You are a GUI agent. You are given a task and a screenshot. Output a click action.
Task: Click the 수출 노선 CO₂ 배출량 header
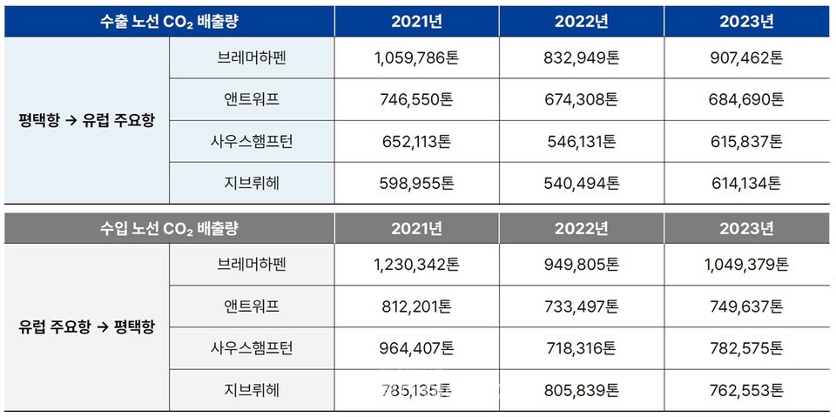tap(169, 22)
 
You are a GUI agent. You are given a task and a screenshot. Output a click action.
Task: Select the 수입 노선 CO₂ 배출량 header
tap(169, 229)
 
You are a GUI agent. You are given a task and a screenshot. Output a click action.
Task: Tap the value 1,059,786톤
tap(415, 59)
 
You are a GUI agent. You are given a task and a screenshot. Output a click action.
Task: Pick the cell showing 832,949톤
tap(581, 59)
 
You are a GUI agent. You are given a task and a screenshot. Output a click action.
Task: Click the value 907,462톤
tap(746, 59)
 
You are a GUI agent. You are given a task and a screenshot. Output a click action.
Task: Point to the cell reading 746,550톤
tap(415, 100)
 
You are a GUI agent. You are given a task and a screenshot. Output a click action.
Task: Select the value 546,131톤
tap(581, 142)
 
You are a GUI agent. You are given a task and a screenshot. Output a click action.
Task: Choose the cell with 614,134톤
tap(746, 183)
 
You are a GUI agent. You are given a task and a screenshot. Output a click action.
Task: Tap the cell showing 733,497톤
tap(581, 306)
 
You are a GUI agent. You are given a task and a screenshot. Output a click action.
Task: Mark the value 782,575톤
tap(746, 348)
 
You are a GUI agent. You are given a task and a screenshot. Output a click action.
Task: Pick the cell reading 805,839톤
tap(581, 390)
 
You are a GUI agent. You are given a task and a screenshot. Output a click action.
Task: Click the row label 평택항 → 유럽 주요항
tap(86, 120)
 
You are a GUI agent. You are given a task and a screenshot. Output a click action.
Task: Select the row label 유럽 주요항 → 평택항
tap(86, 328)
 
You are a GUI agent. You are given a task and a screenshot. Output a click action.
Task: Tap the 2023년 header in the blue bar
tap(746, 22)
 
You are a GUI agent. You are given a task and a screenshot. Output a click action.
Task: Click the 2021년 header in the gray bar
tap(415, 229)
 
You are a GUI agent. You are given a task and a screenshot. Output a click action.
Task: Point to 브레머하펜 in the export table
tap(252, 59)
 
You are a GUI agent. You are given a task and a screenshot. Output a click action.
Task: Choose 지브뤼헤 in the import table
tap(252, 390)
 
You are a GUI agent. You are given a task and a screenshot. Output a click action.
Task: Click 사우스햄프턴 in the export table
tap(252, 142)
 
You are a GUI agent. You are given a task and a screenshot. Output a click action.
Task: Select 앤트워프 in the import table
tap(252, 306)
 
